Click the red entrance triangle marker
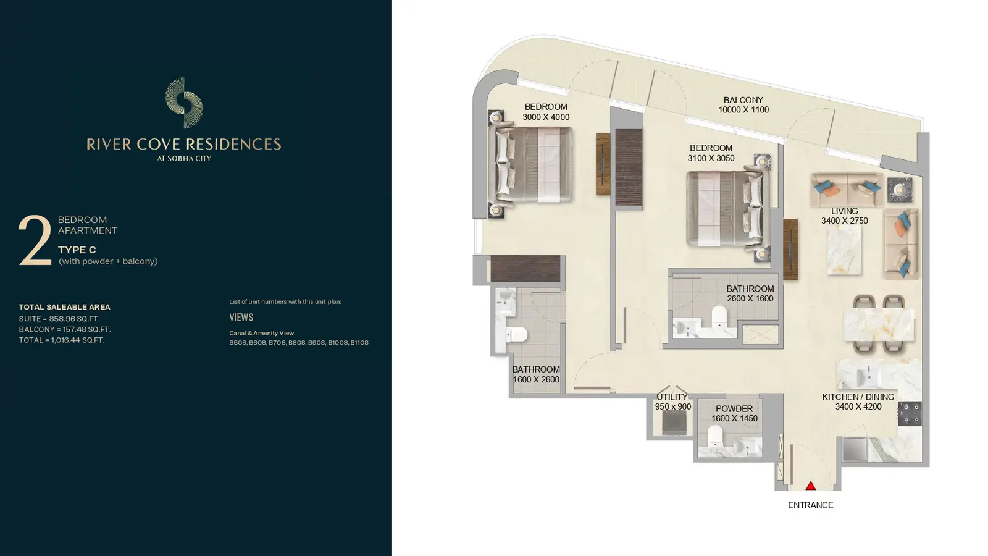(x=810, y=486)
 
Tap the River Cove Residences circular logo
(x=184, y=103)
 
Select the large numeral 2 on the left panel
(x=35, y=240)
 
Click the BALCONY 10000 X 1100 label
(x=743, y=105)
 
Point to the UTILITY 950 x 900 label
(x=672, y=402)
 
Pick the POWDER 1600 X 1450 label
(x=734, y=413)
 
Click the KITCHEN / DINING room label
(x=858, y=402)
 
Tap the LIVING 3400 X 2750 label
(x=844, y=216)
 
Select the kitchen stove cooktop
(x=910, y=413)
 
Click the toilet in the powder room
(x=715, y=436)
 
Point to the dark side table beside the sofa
(x=899, y=190)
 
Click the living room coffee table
(x=844, y=250)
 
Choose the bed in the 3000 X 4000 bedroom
(x=530, y=164)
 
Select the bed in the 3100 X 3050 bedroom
(x=728, y=209)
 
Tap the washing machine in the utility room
(x=674, y=423)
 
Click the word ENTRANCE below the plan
(x=810, y=505)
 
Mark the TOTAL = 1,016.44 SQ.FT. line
(x=62, y=340)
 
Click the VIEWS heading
(x=241, y=318)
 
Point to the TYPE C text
(x=77, y=250)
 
